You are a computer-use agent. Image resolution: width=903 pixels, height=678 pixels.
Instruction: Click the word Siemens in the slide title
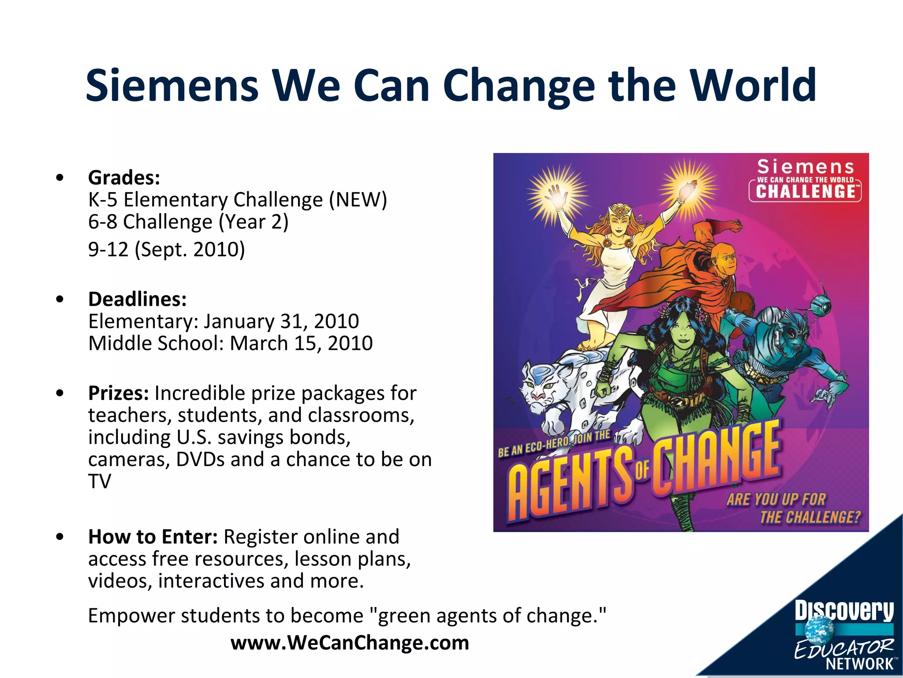[172, 86]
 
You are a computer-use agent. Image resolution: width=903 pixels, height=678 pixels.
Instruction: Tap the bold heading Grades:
[124, 178]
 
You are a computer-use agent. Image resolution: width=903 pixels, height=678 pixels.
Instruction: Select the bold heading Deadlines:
[137, 299]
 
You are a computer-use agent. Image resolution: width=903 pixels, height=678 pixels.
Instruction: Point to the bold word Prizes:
[118, 393]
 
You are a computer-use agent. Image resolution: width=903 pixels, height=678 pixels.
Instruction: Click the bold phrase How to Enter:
[153, 537]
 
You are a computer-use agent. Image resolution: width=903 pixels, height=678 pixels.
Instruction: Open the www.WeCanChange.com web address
[350, 643]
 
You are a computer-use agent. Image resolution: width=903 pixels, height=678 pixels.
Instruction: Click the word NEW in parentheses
[358, 200]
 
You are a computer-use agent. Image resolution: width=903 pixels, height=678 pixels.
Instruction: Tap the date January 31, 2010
[281, 321]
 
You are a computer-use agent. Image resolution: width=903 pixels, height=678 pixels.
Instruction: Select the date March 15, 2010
[301, 343]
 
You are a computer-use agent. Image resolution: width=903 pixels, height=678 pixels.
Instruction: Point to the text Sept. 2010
[190, 250]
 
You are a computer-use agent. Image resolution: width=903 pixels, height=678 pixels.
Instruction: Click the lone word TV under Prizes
[100, 482]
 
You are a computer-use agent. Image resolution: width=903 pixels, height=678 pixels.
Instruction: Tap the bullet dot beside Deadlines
[60, 299]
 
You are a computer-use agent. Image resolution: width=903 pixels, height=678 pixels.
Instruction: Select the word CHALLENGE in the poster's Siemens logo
[805, 192]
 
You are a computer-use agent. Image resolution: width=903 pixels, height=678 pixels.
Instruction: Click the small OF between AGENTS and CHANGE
[642, 471]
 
